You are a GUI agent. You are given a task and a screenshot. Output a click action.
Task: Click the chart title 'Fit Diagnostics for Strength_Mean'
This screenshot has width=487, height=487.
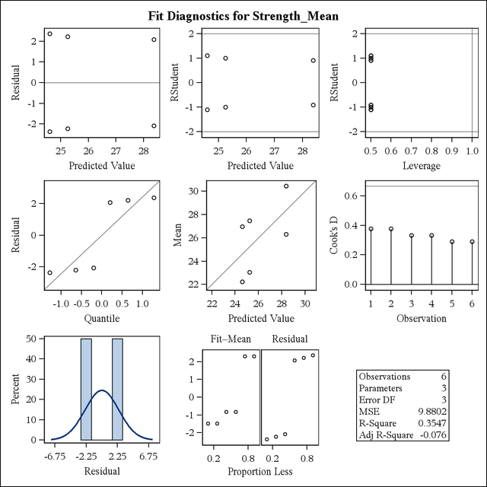[x=243, y=14]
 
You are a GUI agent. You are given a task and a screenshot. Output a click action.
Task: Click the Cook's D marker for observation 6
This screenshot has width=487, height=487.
[x=472, y=242]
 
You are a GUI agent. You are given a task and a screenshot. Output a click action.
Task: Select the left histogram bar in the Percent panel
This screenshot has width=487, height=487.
[x=86, y=389]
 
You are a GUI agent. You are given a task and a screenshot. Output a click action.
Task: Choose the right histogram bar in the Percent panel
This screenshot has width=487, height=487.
[x=117, y=389]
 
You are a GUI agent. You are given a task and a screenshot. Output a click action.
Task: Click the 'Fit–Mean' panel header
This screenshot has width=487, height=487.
[x=227, y=341]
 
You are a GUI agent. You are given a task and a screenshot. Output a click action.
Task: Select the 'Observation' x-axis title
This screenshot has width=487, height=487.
[x=422, y=318]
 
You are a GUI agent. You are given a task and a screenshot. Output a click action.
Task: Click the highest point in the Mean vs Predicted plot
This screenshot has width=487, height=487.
[x=286, y=186]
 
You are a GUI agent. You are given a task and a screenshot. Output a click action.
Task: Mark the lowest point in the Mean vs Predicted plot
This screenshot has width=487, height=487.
[x=243, y=282]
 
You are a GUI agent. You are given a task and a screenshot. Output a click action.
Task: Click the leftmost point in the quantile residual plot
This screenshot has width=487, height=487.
[x=50, y=272]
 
